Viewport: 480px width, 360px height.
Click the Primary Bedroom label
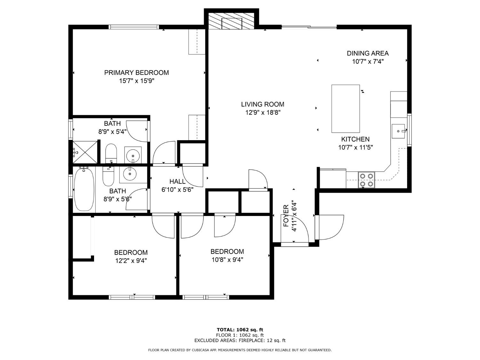pyautogui.click(x=136, y=73)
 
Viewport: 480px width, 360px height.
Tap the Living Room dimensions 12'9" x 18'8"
pyautogui.click(x=263, y=113)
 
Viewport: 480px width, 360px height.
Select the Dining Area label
pyautogui.click(x=368, y=53)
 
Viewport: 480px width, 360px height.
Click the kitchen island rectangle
pyautogui.click(x=346, y=108)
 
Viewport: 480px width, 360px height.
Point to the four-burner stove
pyautogui.click(x=366, y=180)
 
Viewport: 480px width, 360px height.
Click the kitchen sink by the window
pyautogui.click(x=399, y=131)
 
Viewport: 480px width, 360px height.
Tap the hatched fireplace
pyautogui.click(x=231, y=21)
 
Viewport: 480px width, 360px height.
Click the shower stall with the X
pyautogui.click(x=85, y=152)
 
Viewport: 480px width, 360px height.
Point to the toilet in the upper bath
pyautogui.click(x=111, y=154)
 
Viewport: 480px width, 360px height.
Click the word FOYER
pyautogui.click(x=286, y=216)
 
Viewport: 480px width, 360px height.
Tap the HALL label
pyautogui.click(x=177, y=181)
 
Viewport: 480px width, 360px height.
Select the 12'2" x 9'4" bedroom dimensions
pyautogui.click(x=131, y=261)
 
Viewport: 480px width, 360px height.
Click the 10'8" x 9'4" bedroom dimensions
pyautogui.click(x=228, y=260)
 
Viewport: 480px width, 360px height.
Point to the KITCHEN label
pyautogui.click(x=355, y=139)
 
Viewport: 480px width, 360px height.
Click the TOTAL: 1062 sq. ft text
pyautogui.click(x=240, y=330)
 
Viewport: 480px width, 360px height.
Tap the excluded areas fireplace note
pyautogui.click(x=240, y=340)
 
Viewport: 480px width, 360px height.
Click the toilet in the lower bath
pyautogui.click(x=108, y=176)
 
